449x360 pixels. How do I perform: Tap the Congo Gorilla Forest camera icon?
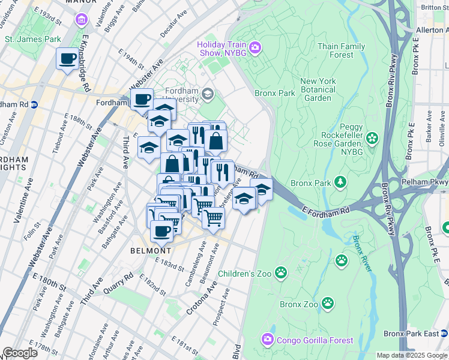pos(267,340)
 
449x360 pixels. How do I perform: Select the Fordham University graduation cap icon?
pos(208,94)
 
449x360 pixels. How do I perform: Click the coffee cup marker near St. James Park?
pos(67,59)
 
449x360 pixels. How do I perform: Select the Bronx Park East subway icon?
pos(444,333)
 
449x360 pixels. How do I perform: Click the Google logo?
pos(20,353)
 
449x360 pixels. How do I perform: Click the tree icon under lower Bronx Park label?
pos(340,181)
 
